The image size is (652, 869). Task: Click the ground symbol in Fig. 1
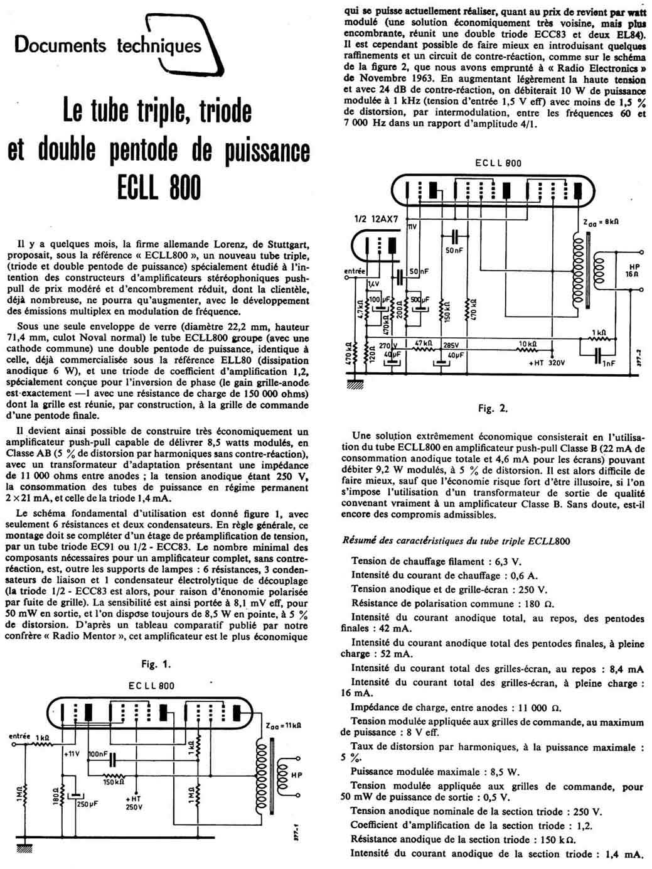click(x=26, y=848)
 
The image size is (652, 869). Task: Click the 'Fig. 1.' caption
click(x=156, y=664)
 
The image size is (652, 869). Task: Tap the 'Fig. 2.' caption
click(x=493, y=408)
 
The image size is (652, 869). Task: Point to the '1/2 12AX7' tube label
click(x=374, y=219)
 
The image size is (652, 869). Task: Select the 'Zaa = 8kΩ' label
click(x=602, y=222)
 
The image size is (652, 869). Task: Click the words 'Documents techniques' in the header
click(x=108, y=45)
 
